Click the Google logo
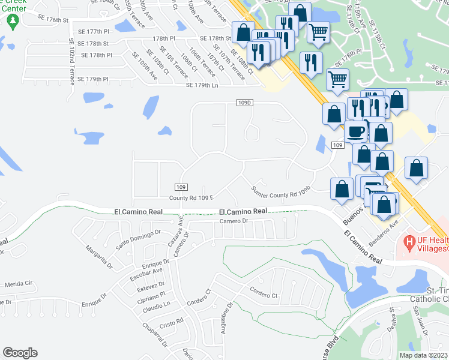pos(20,353)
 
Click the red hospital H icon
pos(410,242)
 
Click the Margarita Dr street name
pos(99,257)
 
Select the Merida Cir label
pos(17,285)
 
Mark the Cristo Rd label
pos(171,323)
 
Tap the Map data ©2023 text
pos(424,355)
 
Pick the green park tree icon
pos(13,23)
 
